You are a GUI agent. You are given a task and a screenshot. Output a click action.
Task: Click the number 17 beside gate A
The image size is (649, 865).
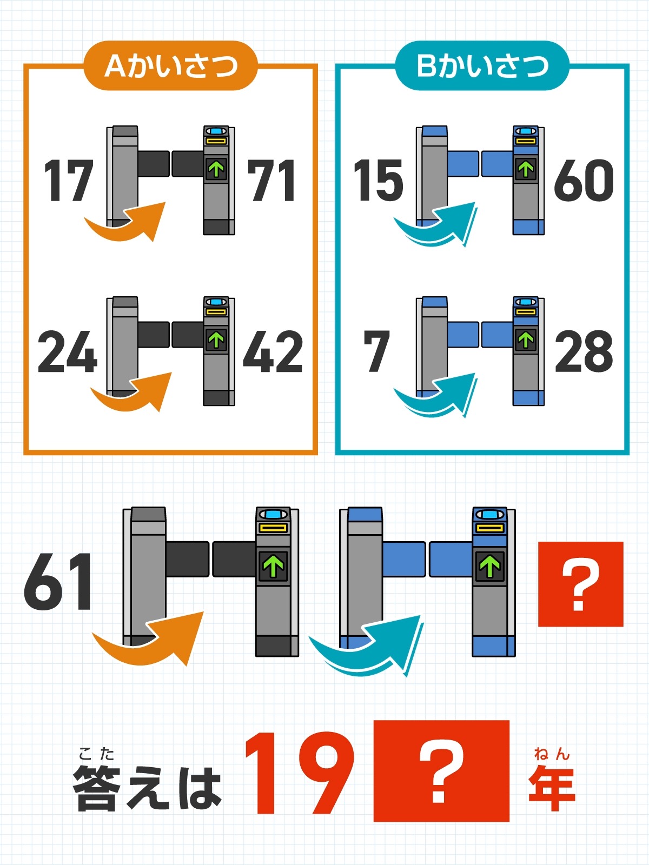point(69,180)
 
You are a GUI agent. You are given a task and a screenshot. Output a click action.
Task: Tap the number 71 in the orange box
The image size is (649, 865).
point(271,180)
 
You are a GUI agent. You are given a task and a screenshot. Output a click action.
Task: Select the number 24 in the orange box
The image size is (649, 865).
point(68,351)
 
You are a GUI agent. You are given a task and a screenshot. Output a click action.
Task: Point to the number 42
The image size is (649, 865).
point(273,351)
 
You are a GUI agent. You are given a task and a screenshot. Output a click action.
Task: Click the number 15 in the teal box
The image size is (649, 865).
point(378,180)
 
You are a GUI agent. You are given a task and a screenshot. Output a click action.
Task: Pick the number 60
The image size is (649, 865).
point(584,180)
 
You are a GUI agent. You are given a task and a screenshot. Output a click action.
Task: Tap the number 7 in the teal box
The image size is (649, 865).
point(377,351)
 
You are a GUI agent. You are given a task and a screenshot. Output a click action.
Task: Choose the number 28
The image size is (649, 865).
point(584,351)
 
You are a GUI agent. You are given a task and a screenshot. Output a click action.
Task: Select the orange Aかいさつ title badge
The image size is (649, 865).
point(170,65)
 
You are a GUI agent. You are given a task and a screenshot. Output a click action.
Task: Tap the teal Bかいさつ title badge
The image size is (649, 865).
point(482,65)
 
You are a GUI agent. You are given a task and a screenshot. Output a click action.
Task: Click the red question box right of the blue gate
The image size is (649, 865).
point(580,584)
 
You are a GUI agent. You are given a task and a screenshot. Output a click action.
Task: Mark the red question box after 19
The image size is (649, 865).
point(441,771)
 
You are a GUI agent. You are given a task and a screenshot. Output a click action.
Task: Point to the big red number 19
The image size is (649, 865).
point(300,773)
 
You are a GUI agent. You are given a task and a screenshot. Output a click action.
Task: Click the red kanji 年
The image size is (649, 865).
point(552,788)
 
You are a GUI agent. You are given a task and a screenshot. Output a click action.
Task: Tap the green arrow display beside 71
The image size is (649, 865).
point(216,169)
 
